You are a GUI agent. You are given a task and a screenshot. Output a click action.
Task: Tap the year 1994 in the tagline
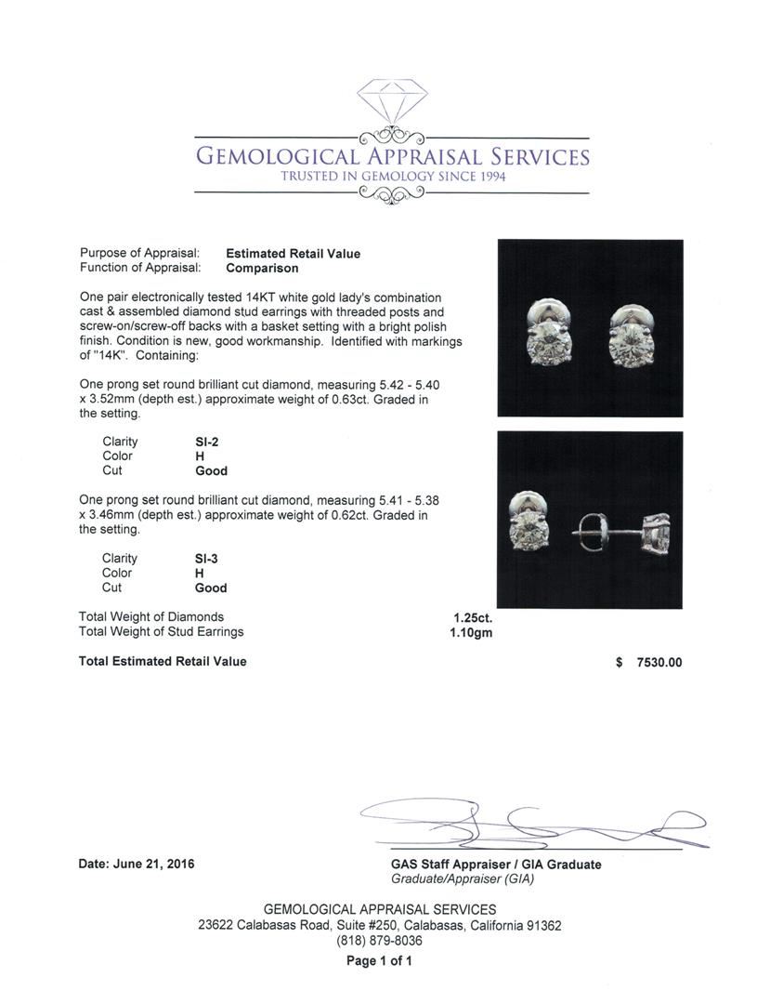[x=489, y=177]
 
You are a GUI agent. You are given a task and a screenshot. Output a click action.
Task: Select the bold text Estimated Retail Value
[x=293, y=253]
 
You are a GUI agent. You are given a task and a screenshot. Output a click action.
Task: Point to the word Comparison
[x=262, y=268]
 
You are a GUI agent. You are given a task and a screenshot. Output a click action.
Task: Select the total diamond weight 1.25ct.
[x=473, y=617]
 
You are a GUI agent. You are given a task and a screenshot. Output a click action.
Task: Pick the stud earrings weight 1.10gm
[x=471, y=632]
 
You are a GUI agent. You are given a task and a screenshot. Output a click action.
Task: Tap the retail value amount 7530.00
[x=659, y=663]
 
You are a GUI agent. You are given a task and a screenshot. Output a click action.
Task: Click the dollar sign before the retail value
[x=619, y=663]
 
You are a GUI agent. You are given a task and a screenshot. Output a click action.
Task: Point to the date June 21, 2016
[x=137, y=864]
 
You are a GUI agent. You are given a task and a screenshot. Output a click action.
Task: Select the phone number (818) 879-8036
[x=380, y=941]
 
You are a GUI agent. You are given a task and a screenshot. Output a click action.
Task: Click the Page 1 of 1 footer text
[x=379, y=961]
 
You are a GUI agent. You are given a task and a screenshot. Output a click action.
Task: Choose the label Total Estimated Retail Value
[x=163, y=661]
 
